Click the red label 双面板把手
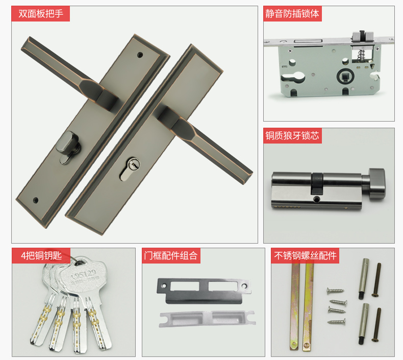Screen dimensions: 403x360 41,14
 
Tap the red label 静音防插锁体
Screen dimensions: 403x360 292,14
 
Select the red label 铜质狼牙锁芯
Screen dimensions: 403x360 292,136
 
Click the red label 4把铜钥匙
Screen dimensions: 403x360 41,256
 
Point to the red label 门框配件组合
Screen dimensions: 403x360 171,256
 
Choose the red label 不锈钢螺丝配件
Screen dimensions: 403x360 305,256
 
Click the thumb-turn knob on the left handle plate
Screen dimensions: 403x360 68,147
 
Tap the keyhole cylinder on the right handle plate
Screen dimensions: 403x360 130,169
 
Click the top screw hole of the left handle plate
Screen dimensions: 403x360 140,55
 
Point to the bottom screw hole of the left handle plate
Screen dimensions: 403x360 36,200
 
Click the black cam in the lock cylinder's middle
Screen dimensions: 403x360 317,183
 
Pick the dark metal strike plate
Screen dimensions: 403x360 204,291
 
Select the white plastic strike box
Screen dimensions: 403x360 207,319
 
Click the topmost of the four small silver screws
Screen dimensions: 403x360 335,291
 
